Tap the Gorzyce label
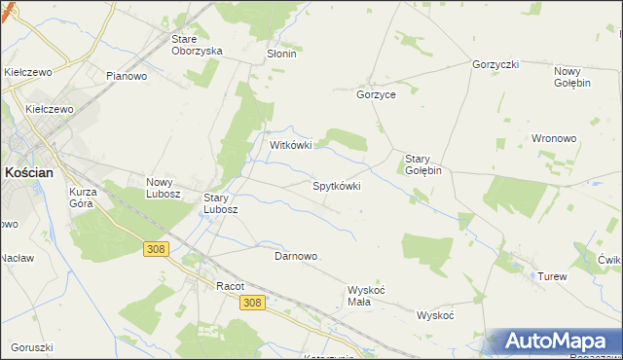pos(376,94)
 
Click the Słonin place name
pos(281,54)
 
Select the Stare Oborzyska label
pos(196,45)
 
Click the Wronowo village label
pos(555,138)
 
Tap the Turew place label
pos(552,277)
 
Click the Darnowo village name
pos(296,256)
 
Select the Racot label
pos(230,286)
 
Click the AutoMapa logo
pos(555,342)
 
